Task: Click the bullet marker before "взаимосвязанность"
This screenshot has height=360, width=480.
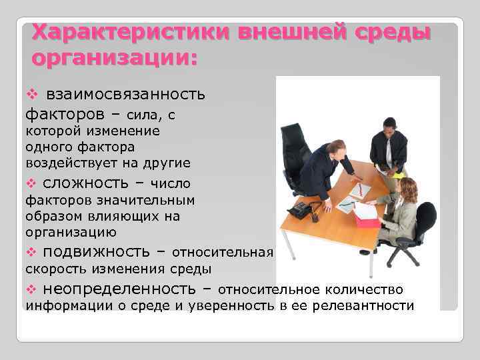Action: [29, 95]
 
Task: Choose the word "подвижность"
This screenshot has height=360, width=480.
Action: [96, 251]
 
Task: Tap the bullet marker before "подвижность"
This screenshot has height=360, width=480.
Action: [29, 252]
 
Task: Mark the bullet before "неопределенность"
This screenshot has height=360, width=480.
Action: [29, 289]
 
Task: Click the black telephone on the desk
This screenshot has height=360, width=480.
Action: [304, 209]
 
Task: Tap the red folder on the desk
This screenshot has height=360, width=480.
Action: [367, 218]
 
